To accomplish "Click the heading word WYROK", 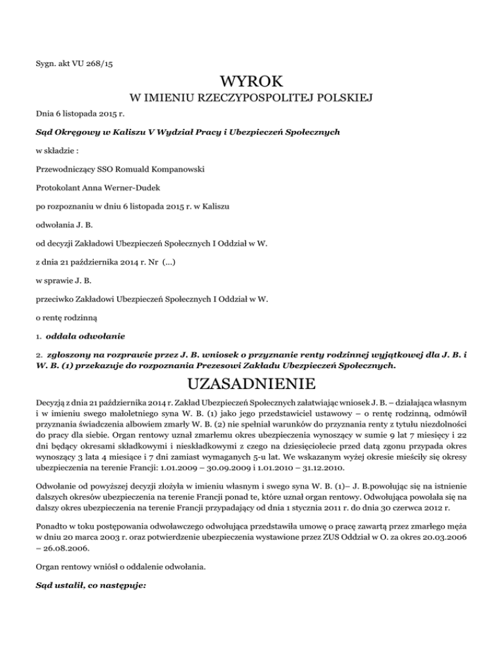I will pos(251,83).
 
